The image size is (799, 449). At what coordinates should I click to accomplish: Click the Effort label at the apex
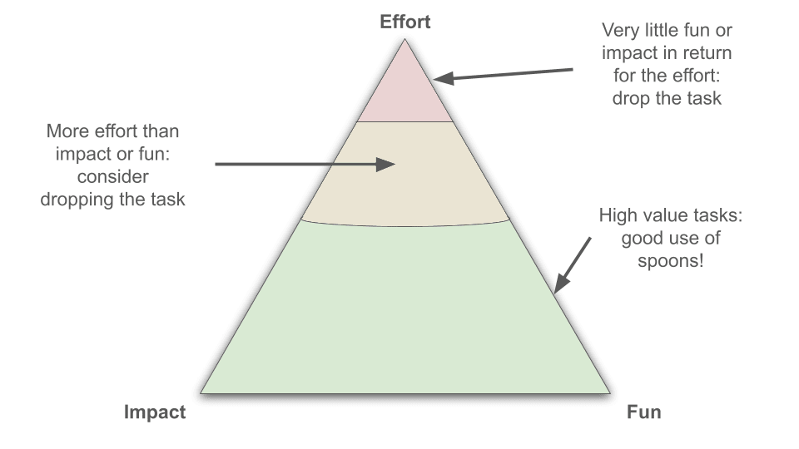coord(405,22)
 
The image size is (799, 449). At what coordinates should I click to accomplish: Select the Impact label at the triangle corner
coord(155,412)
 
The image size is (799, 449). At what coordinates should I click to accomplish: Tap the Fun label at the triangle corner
coord(643,412)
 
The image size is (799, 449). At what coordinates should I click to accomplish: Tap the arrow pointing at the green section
coord(573,264)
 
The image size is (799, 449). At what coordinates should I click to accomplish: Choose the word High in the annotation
coord(618,216)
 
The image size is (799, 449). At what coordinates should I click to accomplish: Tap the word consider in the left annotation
coord(112,176)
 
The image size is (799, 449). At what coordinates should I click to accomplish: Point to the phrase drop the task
coord(667,98)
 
